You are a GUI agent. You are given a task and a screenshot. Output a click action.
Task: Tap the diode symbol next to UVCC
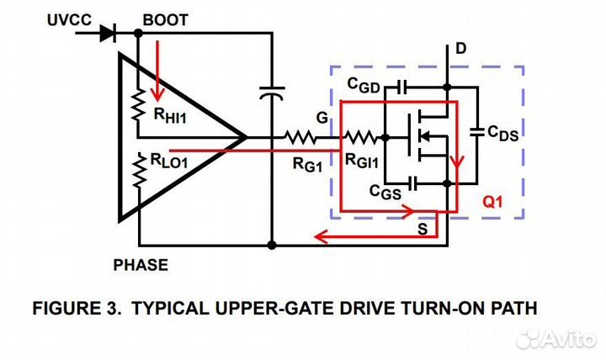click(x=107, y=34)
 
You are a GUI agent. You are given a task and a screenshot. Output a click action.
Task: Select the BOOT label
click(x=166, y=19)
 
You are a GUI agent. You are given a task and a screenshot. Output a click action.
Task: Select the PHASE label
click(x=141, y=265)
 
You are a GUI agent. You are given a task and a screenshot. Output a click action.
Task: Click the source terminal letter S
click(x=422, y=228)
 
